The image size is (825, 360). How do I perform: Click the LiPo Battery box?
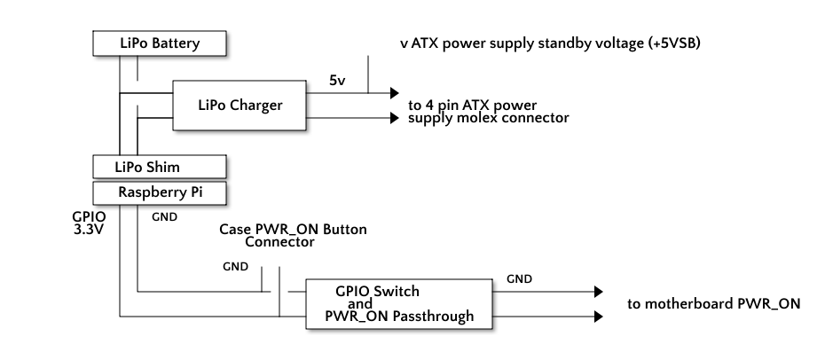[x=160, y=43]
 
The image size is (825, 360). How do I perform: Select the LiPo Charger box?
[x=239, y=106]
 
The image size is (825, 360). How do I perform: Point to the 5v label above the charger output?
[x=337, y=81]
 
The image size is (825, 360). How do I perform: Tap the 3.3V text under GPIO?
[x=89, y=227]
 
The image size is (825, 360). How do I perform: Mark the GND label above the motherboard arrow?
[x=519, y=279]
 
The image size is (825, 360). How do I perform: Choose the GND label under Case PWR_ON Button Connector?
[x=235, y=266]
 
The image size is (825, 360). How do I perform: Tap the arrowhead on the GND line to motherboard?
[x=599, y=291]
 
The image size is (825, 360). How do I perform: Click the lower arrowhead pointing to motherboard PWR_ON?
[x=599, y=316]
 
